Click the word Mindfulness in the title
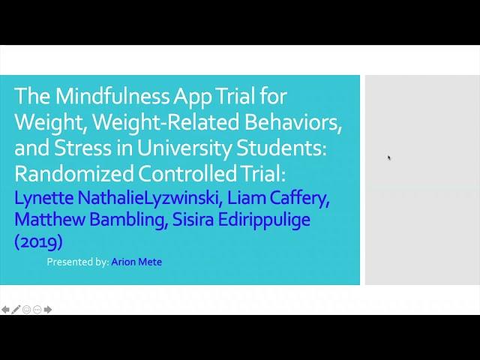pos(112,96)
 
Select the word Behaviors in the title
pos(293,122)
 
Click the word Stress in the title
pos(82,148)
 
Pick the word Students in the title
pos(282,148)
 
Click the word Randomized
pos(73,173)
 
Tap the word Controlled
pos(187,173)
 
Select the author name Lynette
pos(44,199)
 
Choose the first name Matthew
pos(49,220)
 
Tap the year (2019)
pos(38,241)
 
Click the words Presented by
pos(78,262)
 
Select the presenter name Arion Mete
pos(136,262)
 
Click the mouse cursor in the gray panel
pos(388,157)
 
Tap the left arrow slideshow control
pos(5,310)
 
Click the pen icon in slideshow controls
pos(16,309)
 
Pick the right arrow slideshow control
pos(48,310)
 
